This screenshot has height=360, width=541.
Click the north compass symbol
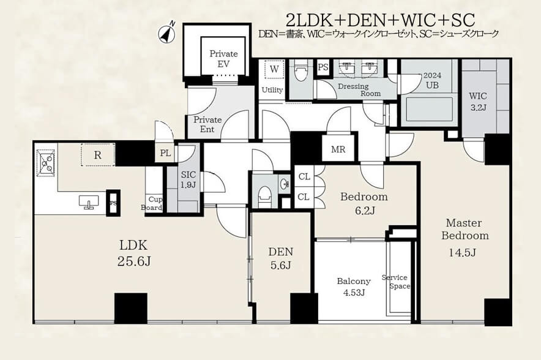coord(167,33)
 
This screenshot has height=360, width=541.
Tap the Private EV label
coord(223,59)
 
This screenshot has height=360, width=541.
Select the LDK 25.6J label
coord(134,253)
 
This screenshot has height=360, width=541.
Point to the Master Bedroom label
coord(465,238)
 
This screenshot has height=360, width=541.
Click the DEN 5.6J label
coord(281,258)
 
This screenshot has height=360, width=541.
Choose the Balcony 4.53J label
coord(354,287)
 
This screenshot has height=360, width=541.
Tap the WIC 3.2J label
coord(478,102)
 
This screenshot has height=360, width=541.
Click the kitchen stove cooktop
coord(46,163)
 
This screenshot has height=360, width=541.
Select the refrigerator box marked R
coord(98,155)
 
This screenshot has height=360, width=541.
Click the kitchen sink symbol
coord(89,202)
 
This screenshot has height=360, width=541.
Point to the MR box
coord(338,149)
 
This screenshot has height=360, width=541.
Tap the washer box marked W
coord(274,69)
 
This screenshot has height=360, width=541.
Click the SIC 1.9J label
coord(188,179)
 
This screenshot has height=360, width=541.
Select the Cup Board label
coord(152,204)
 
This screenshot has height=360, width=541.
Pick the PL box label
coord(166,153)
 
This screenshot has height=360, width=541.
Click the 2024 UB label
coord(432,80)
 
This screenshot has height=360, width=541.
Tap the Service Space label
coord(396,282)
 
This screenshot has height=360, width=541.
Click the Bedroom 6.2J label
coord(364,203)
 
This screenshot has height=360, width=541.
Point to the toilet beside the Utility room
coord(301,72)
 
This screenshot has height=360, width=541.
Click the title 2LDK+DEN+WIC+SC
coord(381,20)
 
